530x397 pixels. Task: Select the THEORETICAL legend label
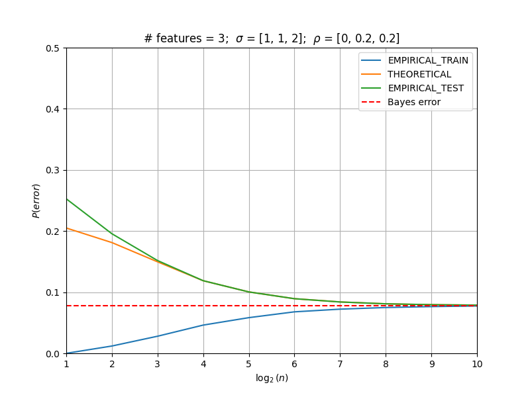[x=419, y=74]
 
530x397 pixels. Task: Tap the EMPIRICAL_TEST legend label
[x=426, y=88]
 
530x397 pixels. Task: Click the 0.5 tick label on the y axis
[x=52, y=48]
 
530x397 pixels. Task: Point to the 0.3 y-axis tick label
[x=52, y=171]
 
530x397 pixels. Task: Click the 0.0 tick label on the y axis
[x=52, y=354]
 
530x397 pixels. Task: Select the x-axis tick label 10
[x=477, y=364]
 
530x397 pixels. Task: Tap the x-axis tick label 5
[x=249, y=364]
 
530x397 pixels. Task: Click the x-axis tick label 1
[x=67, y=364]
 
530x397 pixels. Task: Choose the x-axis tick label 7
[x=341, y=364]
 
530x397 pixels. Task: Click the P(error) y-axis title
[x=36, y=201]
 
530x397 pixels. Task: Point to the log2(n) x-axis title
[x=272, y=378]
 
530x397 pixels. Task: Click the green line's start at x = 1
[x=67, y=199]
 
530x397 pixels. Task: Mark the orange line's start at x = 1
[x=67, y=228]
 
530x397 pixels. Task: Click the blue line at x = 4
[x=203, y=325]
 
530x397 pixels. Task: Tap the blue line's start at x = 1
[x=67, y=353]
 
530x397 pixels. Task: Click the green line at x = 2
[x=112, y=234]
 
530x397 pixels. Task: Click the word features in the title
[x=179, y=38]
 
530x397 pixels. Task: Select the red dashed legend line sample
[x=371, y=102]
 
